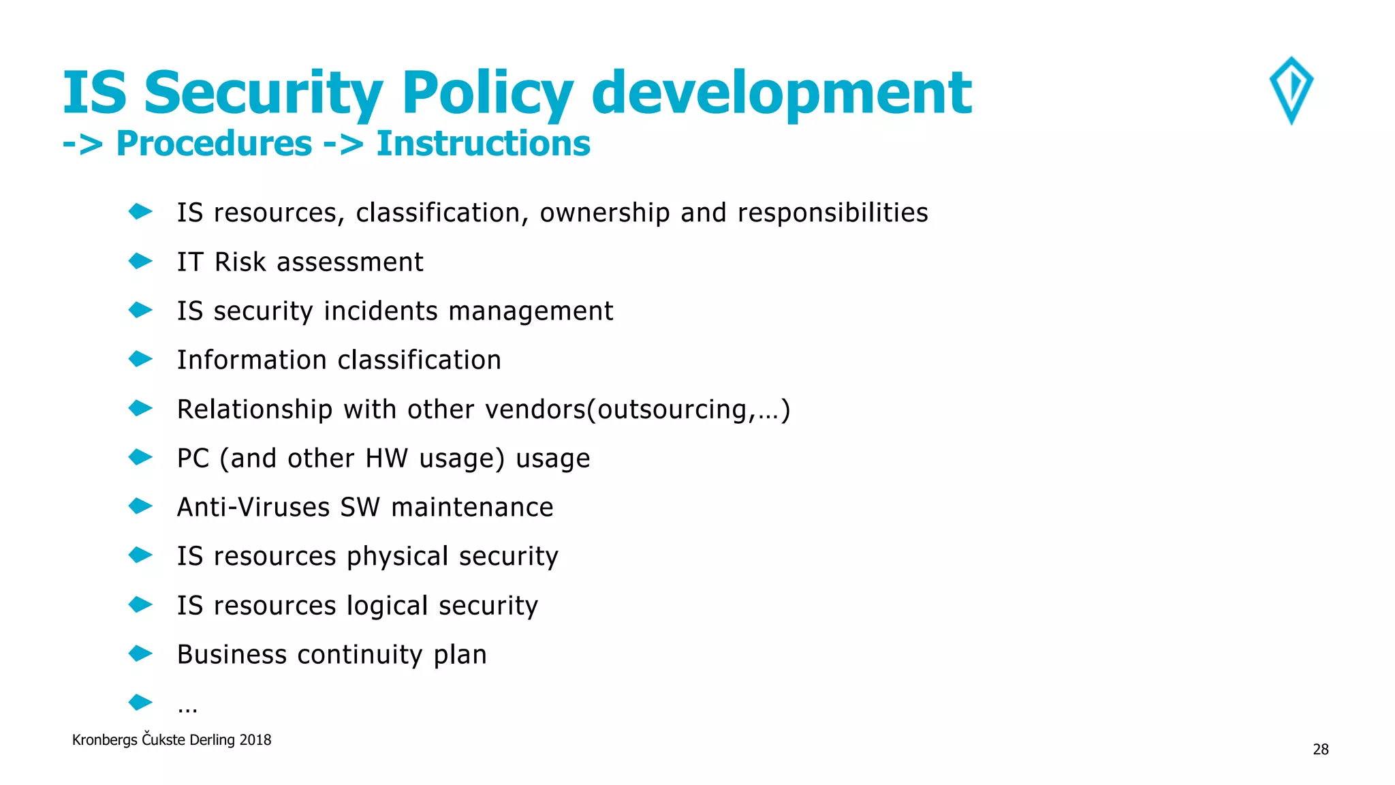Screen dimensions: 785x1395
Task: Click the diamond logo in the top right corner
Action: click(x=1291, y=90)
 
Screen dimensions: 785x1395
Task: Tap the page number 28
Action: click(x=1320, y=750)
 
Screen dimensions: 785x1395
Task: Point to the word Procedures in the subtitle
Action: click(x=214, y=144)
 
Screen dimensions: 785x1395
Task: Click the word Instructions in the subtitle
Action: click(x=483, y=144)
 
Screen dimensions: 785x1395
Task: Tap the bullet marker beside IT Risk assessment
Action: click(x=140, y=261)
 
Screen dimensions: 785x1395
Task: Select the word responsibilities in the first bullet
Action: click(x=832, y=213)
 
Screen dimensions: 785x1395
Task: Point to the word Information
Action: click(x=252, y=360)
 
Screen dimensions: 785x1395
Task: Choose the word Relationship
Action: click(x=255, y=410)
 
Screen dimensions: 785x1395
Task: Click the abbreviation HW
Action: click(x=386, y=459)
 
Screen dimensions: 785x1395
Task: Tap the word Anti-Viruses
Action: click(x=253, y=508)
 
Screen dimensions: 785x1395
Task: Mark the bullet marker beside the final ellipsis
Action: click(x=140, y=702)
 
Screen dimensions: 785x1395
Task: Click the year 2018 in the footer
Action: click(x=255, y=740)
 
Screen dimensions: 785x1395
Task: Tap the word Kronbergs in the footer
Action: click(x=104, y=740)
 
